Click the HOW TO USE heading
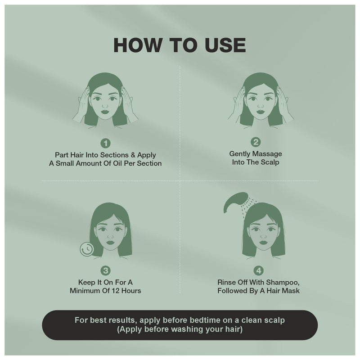pyautogui.click(x=180, y=45)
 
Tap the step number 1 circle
pyautogui.click(x=105, y=144)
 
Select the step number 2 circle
pyautogui.click(x=255, y=143)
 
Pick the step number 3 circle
pyautogui.click(x=105, y=270)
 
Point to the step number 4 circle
pyautogui.click(x=258, y=270)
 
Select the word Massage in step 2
pyautogui.click(x=269, y=153)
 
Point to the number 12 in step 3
pyautogui.click(x=114, y=291)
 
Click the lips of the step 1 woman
pyautogui.click(x=105, y=110)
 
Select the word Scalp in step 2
pyautogui.click(x=270, y=162)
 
